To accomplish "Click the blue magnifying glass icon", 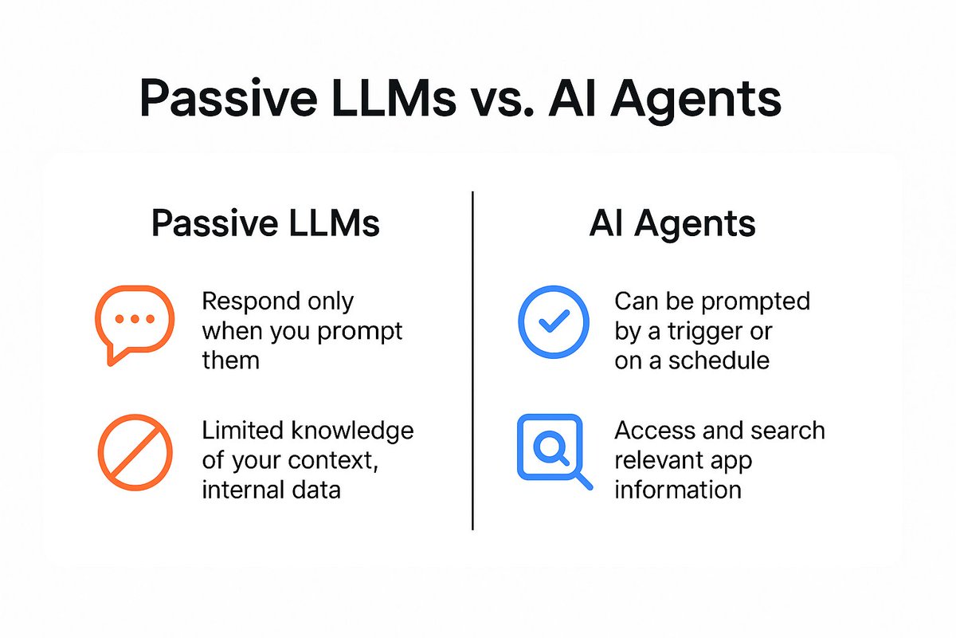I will (x=553, y=450).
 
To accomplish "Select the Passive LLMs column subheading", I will (x=265, y=225).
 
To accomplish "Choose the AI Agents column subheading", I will (x=672, y=225).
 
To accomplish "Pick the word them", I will (x=231, y=360).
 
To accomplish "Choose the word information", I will (x=677, y=488).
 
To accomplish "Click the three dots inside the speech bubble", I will (x=134, y=319).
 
